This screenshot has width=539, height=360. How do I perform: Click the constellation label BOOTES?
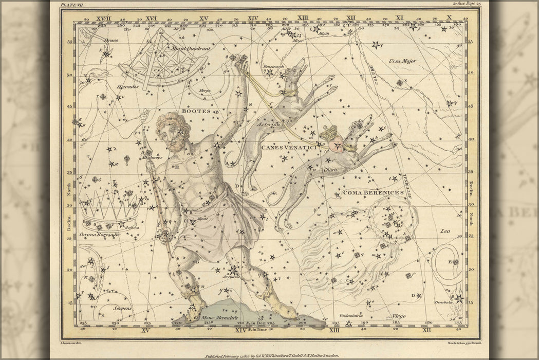193,111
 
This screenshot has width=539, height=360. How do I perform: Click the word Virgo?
398,316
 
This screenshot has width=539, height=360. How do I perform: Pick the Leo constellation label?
444,231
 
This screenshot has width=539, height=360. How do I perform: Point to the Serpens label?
123,308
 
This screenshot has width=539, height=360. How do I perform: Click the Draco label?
111,40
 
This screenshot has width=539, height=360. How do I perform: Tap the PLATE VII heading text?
71,5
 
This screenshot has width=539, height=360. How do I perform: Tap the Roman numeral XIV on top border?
253,18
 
